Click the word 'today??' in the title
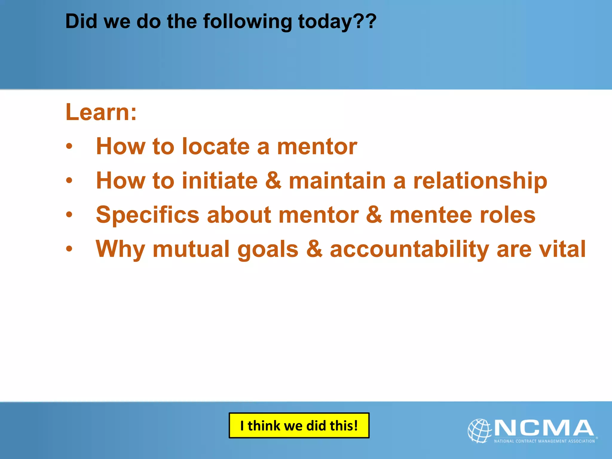tap(337, 22)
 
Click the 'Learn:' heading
tap(101, 112)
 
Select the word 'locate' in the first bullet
tap(215, 146)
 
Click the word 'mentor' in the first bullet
tap(317, 146)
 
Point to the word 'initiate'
tap(220, 181)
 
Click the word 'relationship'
tap(480, 181)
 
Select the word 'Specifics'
tap(148, 215)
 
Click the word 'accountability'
tap(409, 249)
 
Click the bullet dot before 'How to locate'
tap(69, 146)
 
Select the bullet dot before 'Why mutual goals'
tap(69, 249)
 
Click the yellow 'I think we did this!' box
tap(299, 426)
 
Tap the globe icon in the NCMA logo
tap(479, 431)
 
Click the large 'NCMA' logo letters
tap(544, 428)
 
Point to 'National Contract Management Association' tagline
tap(544, 441)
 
